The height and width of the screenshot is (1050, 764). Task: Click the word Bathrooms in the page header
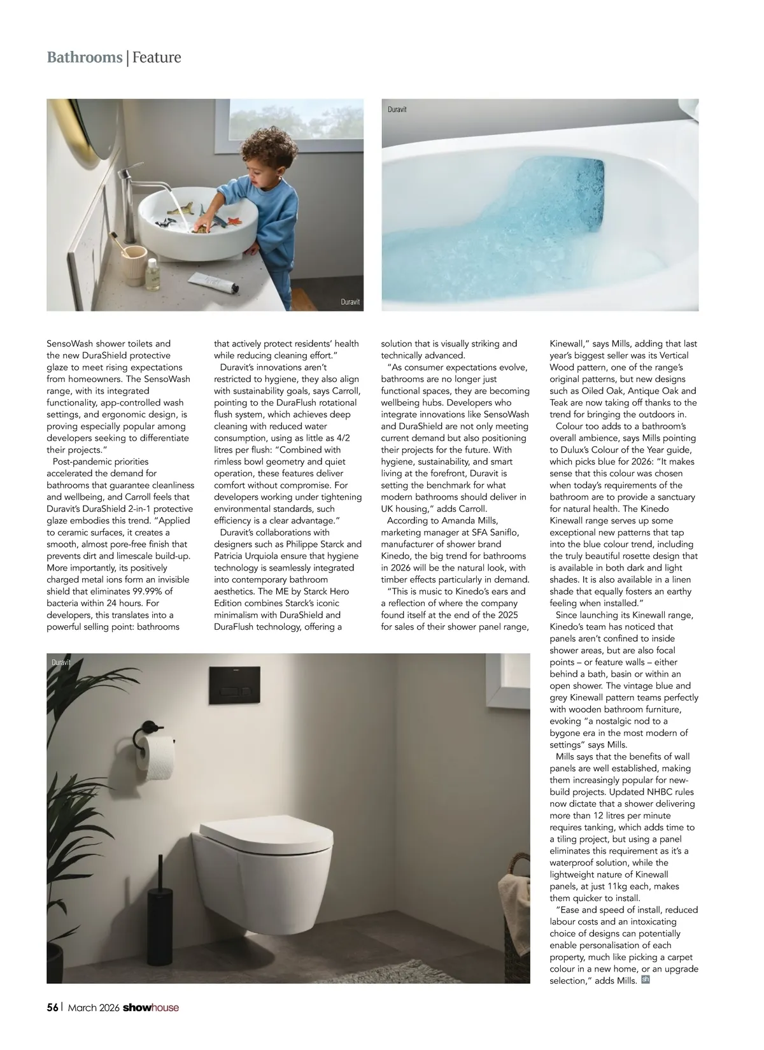pos(85,57)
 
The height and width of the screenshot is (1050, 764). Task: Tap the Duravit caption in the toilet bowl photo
pos(397,110)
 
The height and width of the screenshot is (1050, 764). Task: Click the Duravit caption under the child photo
pos(350,302)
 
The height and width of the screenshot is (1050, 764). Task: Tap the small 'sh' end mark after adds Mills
pos(645,979)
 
